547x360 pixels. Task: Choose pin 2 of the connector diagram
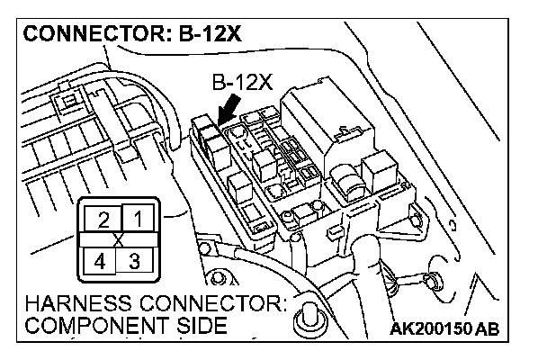pyautogui.click(x=104, y=219)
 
